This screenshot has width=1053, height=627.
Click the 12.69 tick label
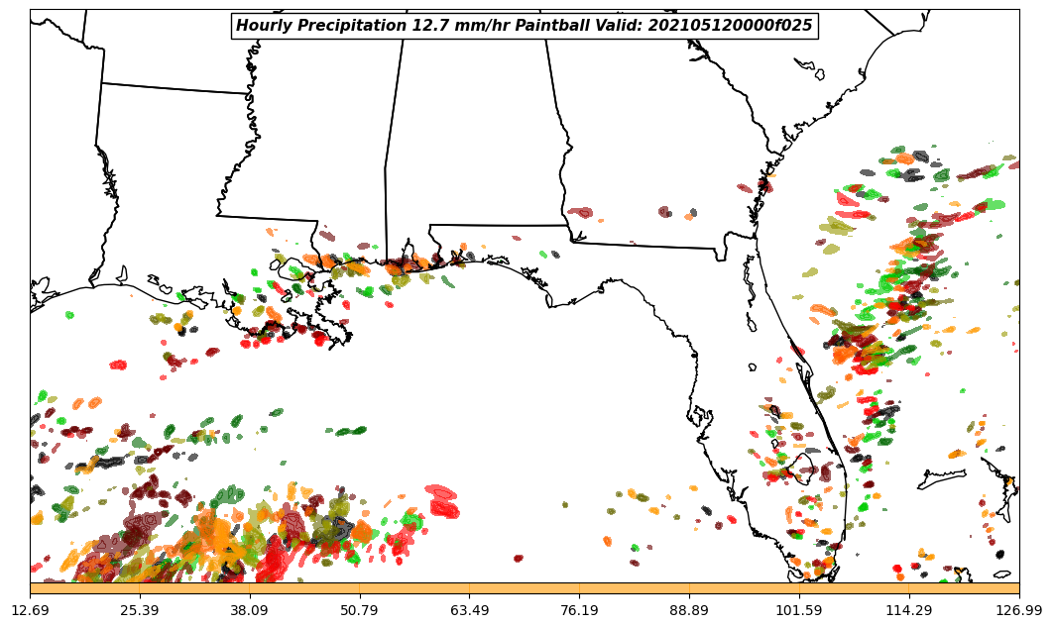[x=31, y=609]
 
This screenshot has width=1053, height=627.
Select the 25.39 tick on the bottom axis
[x=140, y=609]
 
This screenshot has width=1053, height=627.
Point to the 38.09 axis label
[x=250, y=609]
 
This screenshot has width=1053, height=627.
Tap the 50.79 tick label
[x=360, y=609]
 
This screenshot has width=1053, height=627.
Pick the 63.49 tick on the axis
[x=470, y=609]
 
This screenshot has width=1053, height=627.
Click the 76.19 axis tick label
[x=579, y=609]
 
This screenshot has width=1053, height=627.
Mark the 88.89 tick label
[x=689, y=609]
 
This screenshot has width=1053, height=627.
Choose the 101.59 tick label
[x=799, y=609]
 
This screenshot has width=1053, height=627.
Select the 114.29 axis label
[x=909, y=609]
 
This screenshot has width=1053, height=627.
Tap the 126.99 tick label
[x=1019, y=609]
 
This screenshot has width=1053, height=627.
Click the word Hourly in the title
[x=265, y=26]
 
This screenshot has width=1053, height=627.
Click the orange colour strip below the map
[x=525, y=588]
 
